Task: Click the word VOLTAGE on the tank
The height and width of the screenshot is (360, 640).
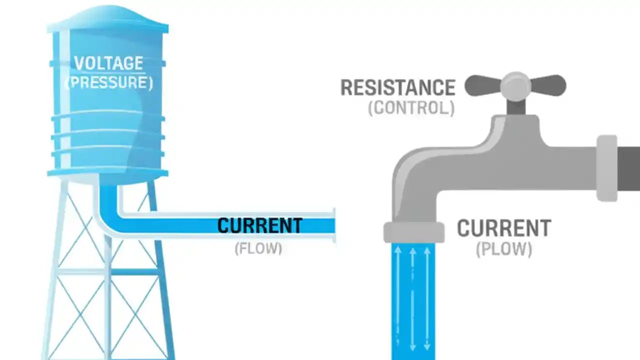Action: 108,63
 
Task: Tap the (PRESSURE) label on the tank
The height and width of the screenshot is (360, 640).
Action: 109,82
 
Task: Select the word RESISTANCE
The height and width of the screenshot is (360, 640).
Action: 397,88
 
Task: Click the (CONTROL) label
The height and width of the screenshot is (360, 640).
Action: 411,108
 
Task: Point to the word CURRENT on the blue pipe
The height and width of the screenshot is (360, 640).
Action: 259,225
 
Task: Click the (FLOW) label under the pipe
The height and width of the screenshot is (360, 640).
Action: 258,248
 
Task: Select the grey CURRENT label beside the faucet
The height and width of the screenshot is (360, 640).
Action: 503,228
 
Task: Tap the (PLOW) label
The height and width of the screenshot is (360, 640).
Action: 503,249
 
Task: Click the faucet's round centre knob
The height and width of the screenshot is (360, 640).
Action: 515,86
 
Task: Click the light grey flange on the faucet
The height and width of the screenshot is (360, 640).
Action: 607,168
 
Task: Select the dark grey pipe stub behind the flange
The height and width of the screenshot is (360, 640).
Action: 629,168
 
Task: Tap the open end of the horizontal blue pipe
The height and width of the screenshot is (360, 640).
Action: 332,225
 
